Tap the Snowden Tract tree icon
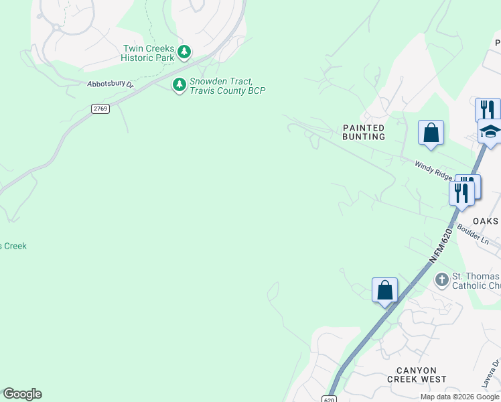179,84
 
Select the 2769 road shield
100,109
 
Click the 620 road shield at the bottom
332,397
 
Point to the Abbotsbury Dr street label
111,84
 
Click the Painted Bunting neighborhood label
364,132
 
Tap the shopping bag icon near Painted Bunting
431,133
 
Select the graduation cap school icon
490,131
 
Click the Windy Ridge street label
433,170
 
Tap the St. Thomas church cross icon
441,279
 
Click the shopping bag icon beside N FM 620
384,290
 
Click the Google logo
22,394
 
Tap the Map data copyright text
459,397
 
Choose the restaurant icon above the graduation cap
488,109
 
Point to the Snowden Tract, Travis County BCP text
227,86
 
